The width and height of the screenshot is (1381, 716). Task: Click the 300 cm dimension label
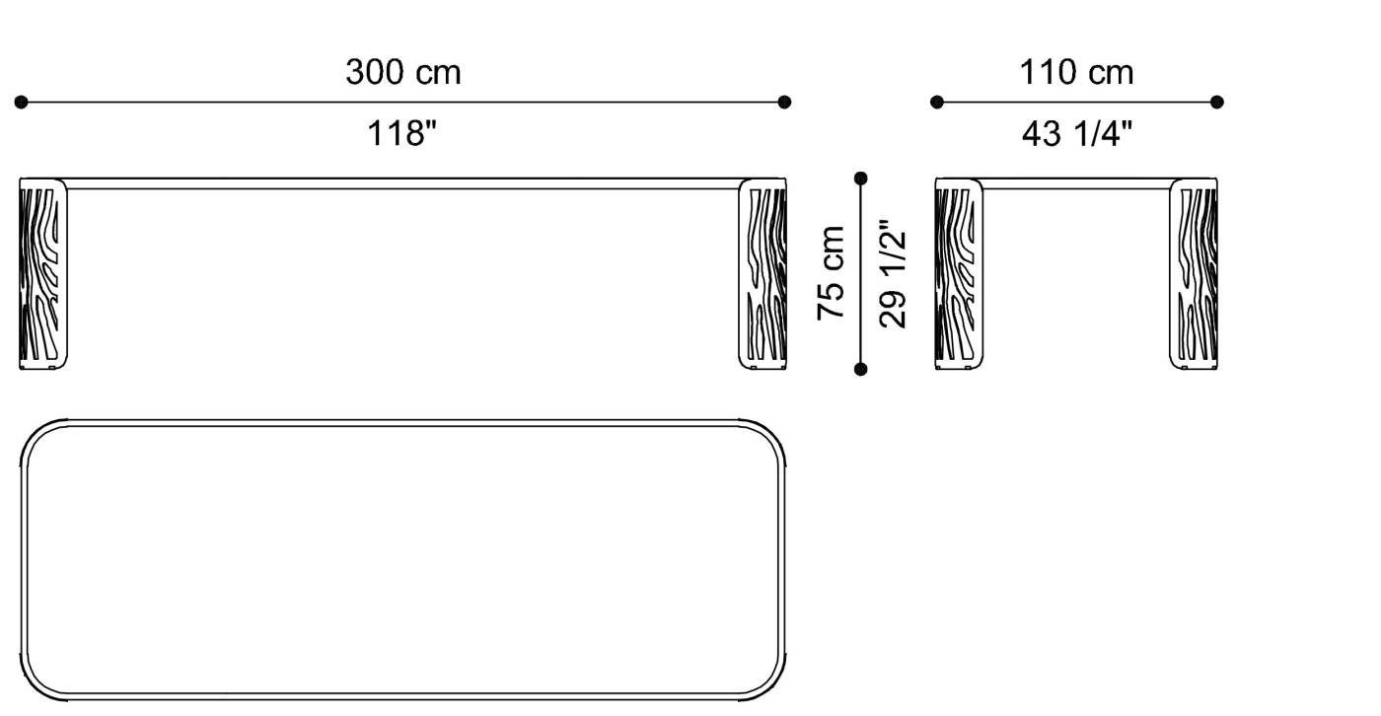[402, 72]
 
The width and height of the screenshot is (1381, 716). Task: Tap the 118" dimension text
[402, 133]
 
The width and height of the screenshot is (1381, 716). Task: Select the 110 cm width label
[1076, 72]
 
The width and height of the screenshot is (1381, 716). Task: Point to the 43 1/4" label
[1076, 133]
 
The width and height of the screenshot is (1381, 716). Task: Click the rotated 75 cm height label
[832, 272]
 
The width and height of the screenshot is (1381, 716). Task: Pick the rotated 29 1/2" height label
[893, 272]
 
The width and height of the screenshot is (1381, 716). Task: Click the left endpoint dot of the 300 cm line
[22, 102]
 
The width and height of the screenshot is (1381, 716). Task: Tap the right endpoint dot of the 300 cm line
[784, 102]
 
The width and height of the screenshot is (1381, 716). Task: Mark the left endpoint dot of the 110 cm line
[937, 102]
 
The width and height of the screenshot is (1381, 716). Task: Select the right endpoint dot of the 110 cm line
[1216, 102]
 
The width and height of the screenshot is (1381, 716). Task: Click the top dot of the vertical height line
[861, 179]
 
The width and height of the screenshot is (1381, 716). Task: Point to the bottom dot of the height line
[861, 369]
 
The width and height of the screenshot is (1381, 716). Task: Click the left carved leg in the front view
[43, 274]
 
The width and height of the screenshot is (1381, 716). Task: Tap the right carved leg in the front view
[763, 274]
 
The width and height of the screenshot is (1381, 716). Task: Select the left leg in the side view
[957, 274]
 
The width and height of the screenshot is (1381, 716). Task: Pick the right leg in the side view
[1195, 274]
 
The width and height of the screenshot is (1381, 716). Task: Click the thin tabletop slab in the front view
[402, 183]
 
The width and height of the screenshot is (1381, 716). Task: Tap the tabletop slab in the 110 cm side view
[1076, 183]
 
